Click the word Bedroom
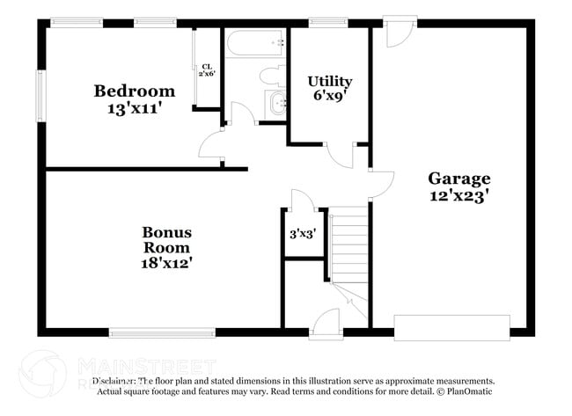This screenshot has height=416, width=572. [x=135, y=91]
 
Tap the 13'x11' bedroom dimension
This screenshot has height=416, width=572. [x=135, y=108]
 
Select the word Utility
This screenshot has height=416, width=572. [x=330, y=82]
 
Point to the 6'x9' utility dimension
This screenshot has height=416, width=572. [x=330, y=98]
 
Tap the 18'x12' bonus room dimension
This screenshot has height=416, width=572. [x=167, y=262]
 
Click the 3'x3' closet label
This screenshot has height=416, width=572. [x=303, y=235]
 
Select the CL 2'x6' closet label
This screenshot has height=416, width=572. [x=207, y=69]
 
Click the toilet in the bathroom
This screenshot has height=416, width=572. [x=271, y=73]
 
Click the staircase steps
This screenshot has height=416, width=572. [x=350, y=242]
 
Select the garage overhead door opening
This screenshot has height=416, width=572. [x=451, y=327]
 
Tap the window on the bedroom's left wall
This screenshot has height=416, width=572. [x=40, y=94]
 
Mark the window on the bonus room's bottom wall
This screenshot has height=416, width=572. [x=162, y=332]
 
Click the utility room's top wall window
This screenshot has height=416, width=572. [x=327, y=23]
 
